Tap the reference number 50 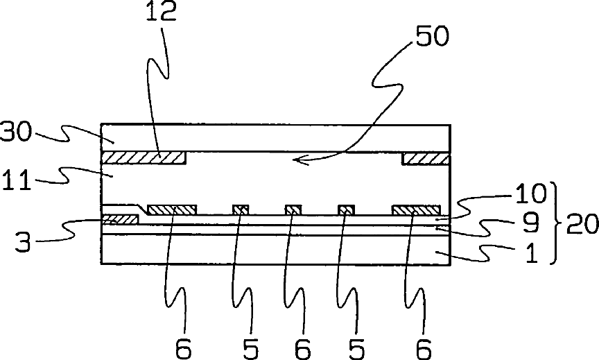pyautogui.click(x=431, y=37)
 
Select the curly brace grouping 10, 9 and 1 pyautogui.click(x=556, y=223)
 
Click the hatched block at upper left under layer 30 pyautogui.click(x=144, y=158)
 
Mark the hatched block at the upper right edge pyautogui.click(x=426, y=159)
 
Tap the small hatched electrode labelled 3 pyautogui.click(x=120, y=219)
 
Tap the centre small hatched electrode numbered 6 pyautogui.click(x=293, y=209)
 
